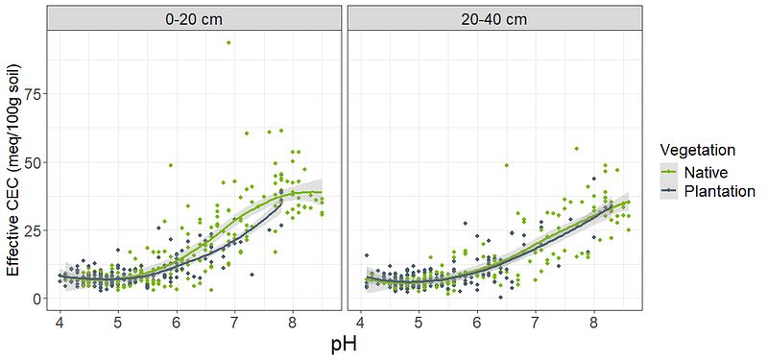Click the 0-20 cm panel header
(x=194, y=18)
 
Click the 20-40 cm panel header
(x=494, y=18)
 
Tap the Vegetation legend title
(x=697, y=149)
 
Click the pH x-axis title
(x=344, y=345)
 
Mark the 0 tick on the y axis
(x=37, y=299)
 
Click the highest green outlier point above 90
(x=228, y=42)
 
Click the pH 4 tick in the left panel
(x=60, y=323)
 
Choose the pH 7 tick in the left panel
(x=234, y=323)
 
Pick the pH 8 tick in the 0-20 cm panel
(x=293, y=323)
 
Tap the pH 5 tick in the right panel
(x=419, y=323)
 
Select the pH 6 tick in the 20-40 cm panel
(x=477, y=323)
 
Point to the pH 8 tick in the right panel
(x=593, y=323)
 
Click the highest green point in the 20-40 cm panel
(x=577, y=149)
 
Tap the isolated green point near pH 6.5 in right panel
(x=507, y=165)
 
